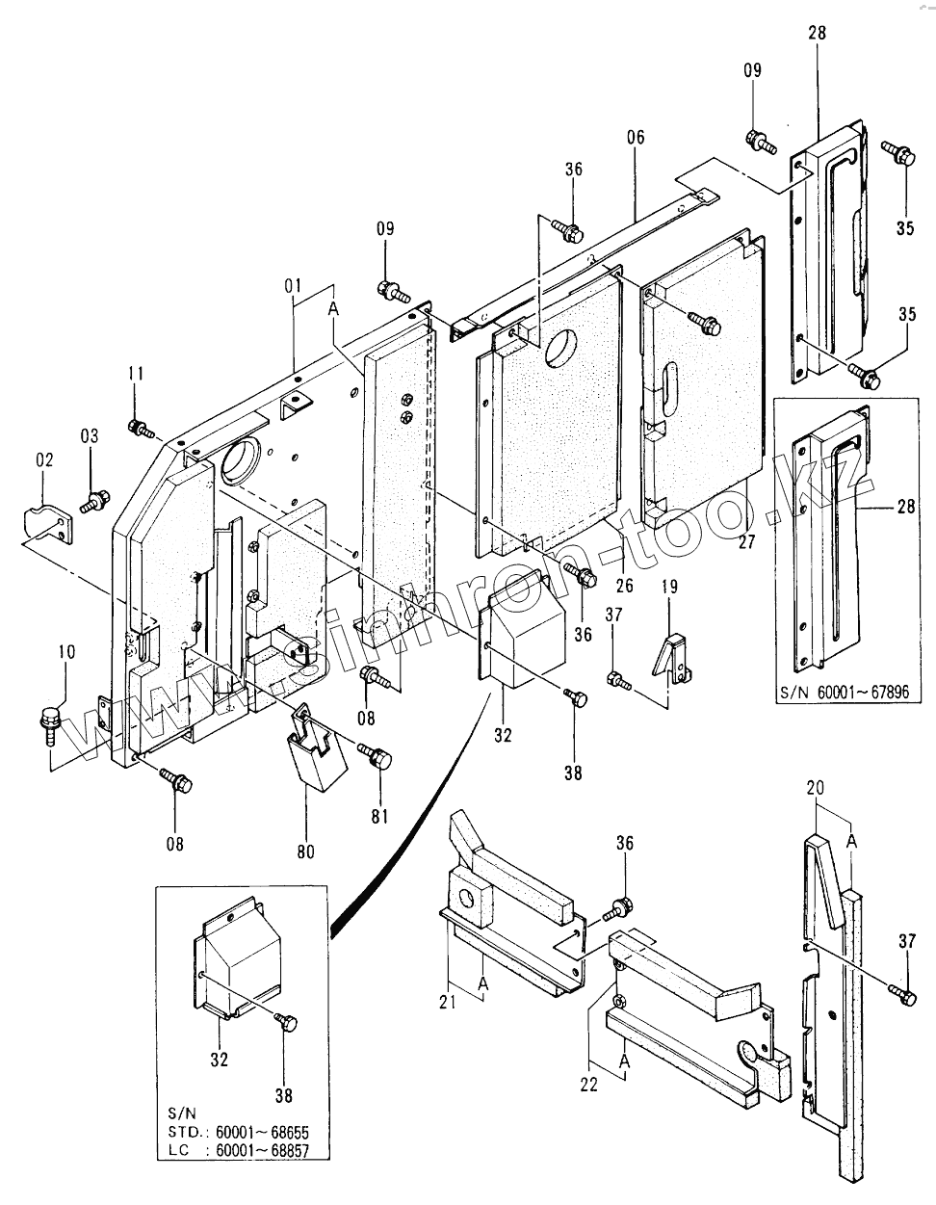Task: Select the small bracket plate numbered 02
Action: pyautogui.click(x=47, y=525)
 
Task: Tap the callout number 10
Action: pyautogui.click(x=65, y=652)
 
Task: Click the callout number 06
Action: pyautogui.click(x=636, y=137)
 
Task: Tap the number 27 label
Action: pyautogui.click(x=745, y=542)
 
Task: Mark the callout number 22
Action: pyautogui.click(x=588, y=1084)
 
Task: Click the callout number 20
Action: pyautogui.click(x=815, y=788)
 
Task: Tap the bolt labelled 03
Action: pyautogui.click(x=94, y=501)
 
